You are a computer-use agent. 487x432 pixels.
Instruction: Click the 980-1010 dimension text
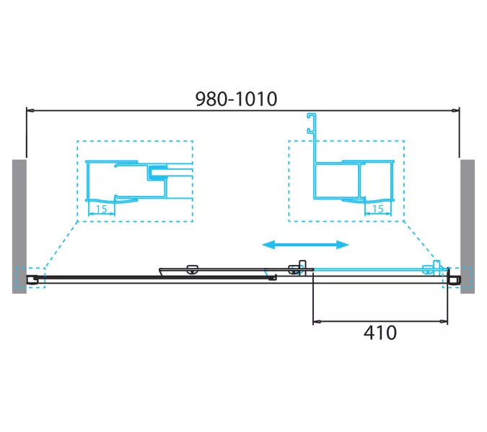236,99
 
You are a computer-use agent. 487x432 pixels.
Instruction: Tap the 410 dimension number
379,333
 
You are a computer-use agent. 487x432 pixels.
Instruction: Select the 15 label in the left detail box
101,210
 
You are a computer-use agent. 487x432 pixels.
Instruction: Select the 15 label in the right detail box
377,210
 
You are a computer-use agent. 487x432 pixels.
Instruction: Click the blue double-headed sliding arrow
306,245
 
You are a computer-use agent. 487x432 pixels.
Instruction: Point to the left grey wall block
19,227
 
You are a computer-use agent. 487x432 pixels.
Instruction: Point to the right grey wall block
468,227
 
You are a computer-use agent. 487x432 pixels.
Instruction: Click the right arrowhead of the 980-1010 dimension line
456,110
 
